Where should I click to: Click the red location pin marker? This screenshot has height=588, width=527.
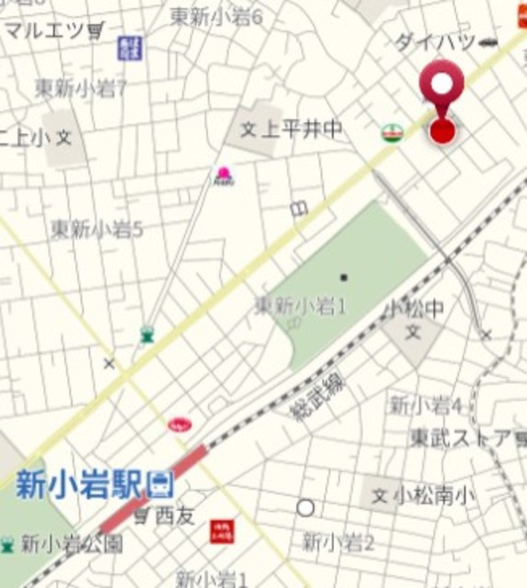[442, 101]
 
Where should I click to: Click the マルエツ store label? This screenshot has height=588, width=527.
[45, 30]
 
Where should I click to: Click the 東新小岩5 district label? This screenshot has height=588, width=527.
[97, 228]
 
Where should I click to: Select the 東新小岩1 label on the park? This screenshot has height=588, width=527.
[300, 304]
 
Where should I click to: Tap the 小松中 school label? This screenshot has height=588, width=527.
[415, 308]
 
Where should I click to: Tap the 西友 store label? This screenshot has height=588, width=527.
[174, 516]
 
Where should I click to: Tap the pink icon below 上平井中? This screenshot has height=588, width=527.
[223, 175]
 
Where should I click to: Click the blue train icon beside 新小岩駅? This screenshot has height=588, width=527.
[162, 480]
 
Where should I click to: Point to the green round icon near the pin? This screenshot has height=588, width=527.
[393, 133]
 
